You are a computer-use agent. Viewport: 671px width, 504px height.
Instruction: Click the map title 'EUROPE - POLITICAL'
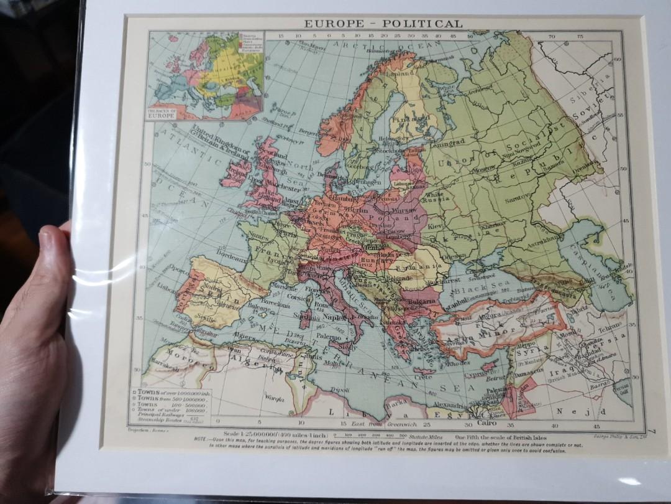[383, 24]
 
